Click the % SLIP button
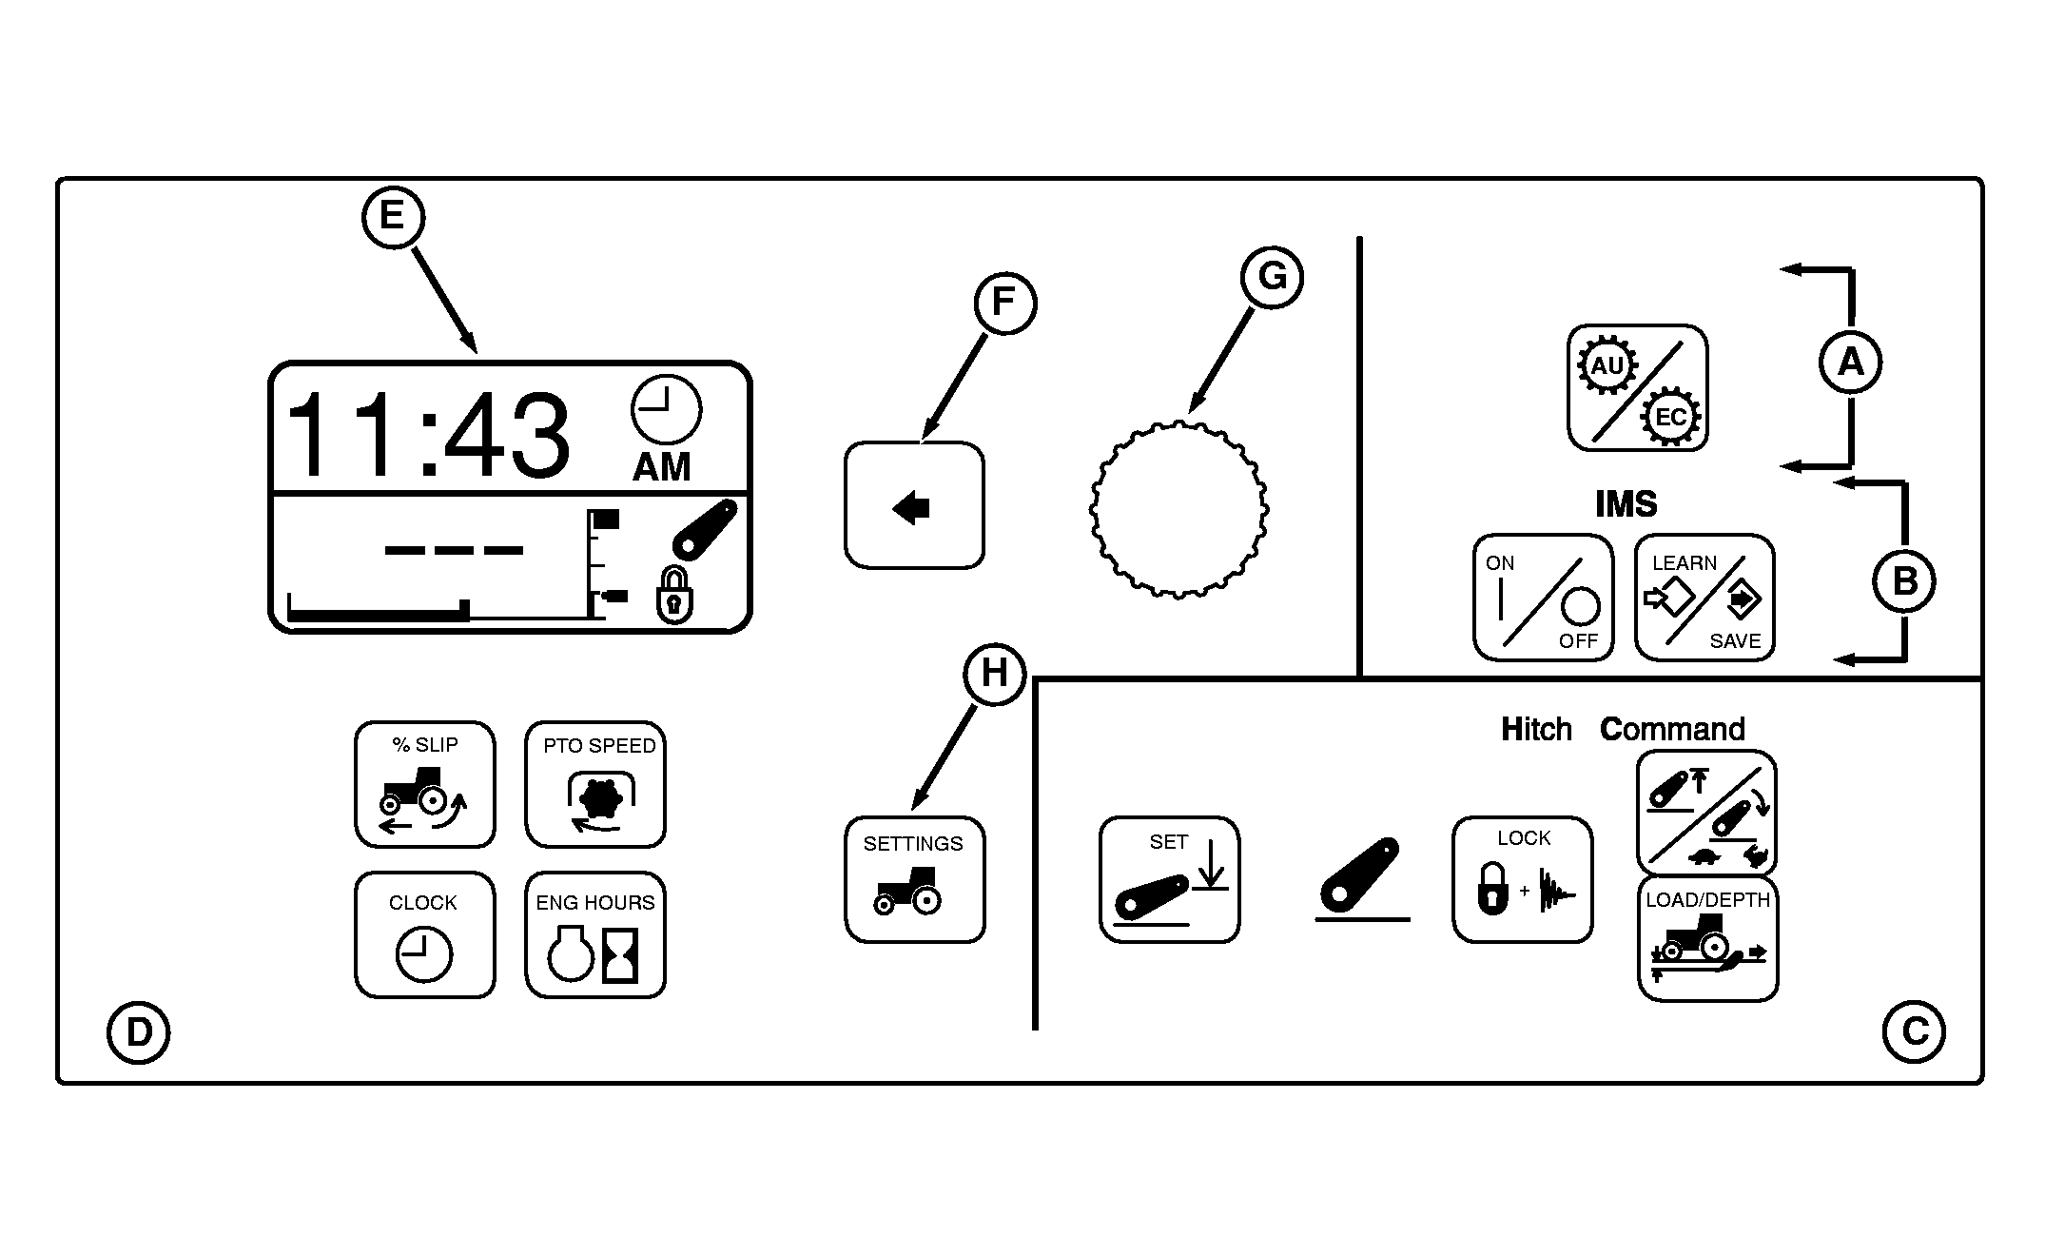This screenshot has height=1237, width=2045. [425, 784]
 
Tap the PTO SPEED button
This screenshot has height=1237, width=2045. [595, 784]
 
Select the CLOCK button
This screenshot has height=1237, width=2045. [425, 934]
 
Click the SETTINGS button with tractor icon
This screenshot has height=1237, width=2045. [915, 879]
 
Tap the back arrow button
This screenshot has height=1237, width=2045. [914, 505]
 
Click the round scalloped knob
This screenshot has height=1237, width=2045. [1178, 508]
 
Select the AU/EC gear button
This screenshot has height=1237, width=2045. [1638, 388]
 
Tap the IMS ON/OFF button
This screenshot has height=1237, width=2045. [1543, 597]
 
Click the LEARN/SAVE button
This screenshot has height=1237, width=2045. [1704, 597]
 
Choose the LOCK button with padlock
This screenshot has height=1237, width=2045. [1522, 879]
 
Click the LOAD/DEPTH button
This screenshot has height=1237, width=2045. [1707, 938]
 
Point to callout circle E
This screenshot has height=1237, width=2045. [393, 217]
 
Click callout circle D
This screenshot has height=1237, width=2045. [139, 1031]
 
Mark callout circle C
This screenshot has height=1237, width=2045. [1914, 1031]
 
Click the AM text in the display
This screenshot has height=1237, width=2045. [662, 467]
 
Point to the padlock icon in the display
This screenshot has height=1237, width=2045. [674, 597]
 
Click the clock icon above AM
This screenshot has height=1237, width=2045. [666, 409]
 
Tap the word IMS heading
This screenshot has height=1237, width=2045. [1626, 503]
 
